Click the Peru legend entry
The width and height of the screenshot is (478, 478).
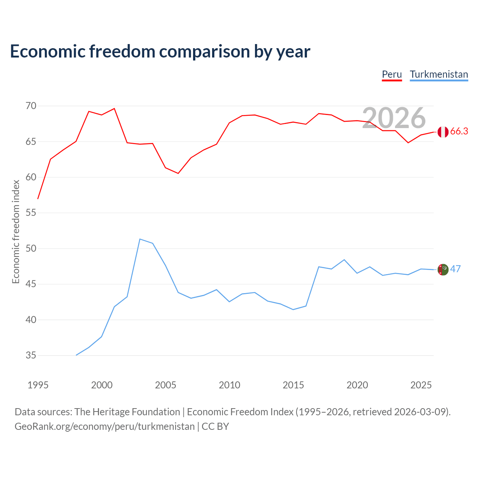pyautogui.click(x=392, y=75)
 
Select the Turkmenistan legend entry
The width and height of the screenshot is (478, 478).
pyautogui.click(x=439, y=75)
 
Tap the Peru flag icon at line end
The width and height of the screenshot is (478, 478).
pyautogui.click(x=443, y=132)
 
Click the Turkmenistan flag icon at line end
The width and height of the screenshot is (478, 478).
pyautogui.click(x=443, y=270)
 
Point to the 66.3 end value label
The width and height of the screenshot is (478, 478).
pyautogui.click(x=459, y=131)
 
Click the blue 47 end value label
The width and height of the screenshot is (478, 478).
pyautogui.click(x=456, y=269)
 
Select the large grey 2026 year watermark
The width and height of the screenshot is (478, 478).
pyautogui.click(x=394, y=118)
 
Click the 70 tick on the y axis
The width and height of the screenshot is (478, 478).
pyautogui.click(x=31, y=106)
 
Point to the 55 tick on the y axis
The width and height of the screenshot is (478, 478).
pyautogui.click(x=31, y=213)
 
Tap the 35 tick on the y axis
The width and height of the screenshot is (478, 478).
pyautogui.click(x=31, y=356)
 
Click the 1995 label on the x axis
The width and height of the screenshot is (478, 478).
pyautogui.click(x=38, y=385)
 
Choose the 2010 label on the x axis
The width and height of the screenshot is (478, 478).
pyautogui.click(x=229, y=385)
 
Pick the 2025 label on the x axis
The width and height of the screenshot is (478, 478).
pyautogui.click(x=421, y=385)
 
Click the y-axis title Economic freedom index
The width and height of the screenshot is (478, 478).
pyautogui.click(x=16, y=232)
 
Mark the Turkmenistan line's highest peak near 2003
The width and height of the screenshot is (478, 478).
pyautogui.click(x=140, y=239)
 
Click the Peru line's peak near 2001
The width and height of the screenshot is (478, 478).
pyautogui.click(x=114, y=108)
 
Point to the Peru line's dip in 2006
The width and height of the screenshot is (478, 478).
pyautogui.click(x=178, y=173)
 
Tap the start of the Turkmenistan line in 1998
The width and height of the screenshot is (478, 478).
pyautogui.click(x=76, y=355)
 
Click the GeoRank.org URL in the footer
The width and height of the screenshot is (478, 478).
pyautogui.click(x=105, y=427)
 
